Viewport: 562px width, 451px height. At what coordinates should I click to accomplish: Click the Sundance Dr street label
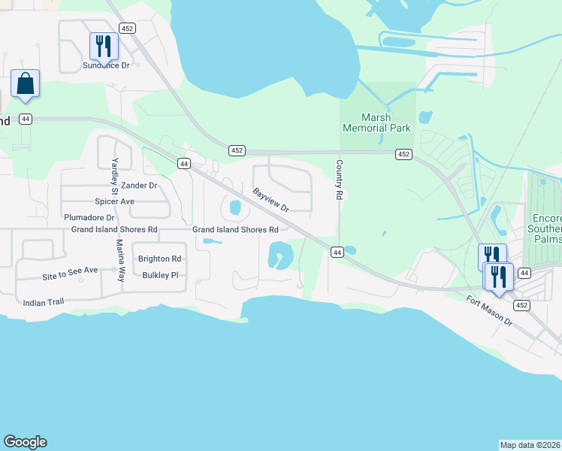click(106, 65)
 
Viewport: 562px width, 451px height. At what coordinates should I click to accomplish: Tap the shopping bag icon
click(25, 83)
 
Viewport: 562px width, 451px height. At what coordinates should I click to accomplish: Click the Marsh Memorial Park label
click(376, 123)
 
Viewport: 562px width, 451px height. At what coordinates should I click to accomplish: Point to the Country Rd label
click(340, 180)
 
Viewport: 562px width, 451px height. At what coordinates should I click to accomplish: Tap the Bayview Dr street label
click(270, 200)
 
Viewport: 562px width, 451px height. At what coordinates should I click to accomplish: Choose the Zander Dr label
click(139, 185)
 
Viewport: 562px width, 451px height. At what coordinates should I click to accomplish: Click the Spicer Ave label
click(114, 201)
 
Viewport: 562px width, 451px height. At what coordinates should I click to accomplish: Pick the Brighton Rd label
click(159, 259)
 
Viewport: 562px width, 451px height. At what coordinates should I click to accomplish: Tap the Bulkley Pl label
click(159, 275)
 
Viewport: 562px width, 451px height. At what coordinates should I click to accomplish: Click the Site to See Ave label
click(70, 277)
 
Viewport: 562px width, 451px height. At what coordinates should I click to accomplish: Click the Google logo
click(25, 442)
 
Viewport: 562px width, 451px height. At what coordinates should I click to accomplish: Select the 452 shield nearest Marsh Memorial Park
click(403, 154)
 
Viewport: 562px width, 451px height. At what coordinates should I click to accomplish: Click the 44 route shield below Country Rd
click(337, 253)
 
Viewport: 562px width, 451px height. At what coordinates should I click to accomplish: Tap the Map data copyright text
click(530, 445)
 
